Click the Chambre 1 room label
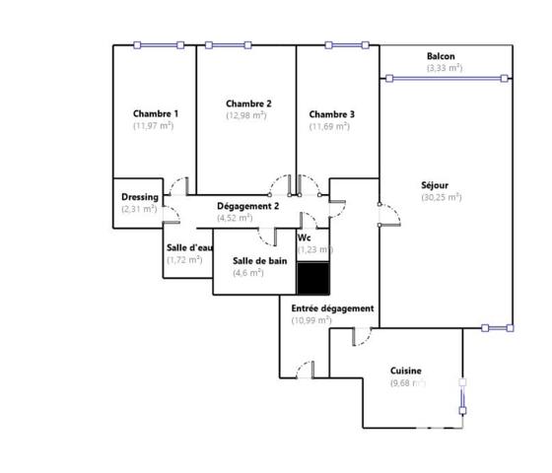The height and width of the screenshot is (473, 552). [x=156, y=113]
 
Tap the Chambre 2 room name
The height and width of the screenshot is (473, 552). [x=248, y=103]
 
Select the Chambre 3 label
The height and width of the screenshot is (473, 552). [x=331, y=113]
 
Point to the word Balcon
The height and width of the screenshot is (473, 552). [x=441, y=56]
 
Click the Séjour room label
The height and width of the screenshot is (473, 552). [x=435, y=184]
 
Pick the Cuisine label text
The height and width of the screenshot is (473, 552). [x=407, y=371]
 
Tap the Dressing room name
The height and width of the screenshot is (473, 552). [x=139, y=197]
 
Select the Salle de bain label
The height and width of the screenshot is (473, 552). [x=260, y=261]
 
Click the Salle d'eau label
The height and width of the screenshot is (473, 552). [x=190, y=247]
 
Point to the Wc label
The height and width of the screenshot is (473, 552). [x=305, y=236]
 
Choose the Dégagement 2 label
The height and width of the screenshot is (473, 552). [x=247, y=206]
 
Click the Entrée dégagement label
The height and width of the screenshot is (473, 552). [x=331, y=308]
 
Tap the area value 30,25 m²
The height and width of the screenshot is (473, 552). [x=442, y=197]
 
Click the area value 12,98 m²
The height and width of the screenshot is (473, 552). [x=246, y=115]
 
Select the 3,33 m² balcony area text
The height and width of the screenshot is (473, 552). [x=442, y=68]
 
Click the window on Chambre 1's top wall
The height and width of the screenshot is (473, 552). [x=158, y=44]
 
